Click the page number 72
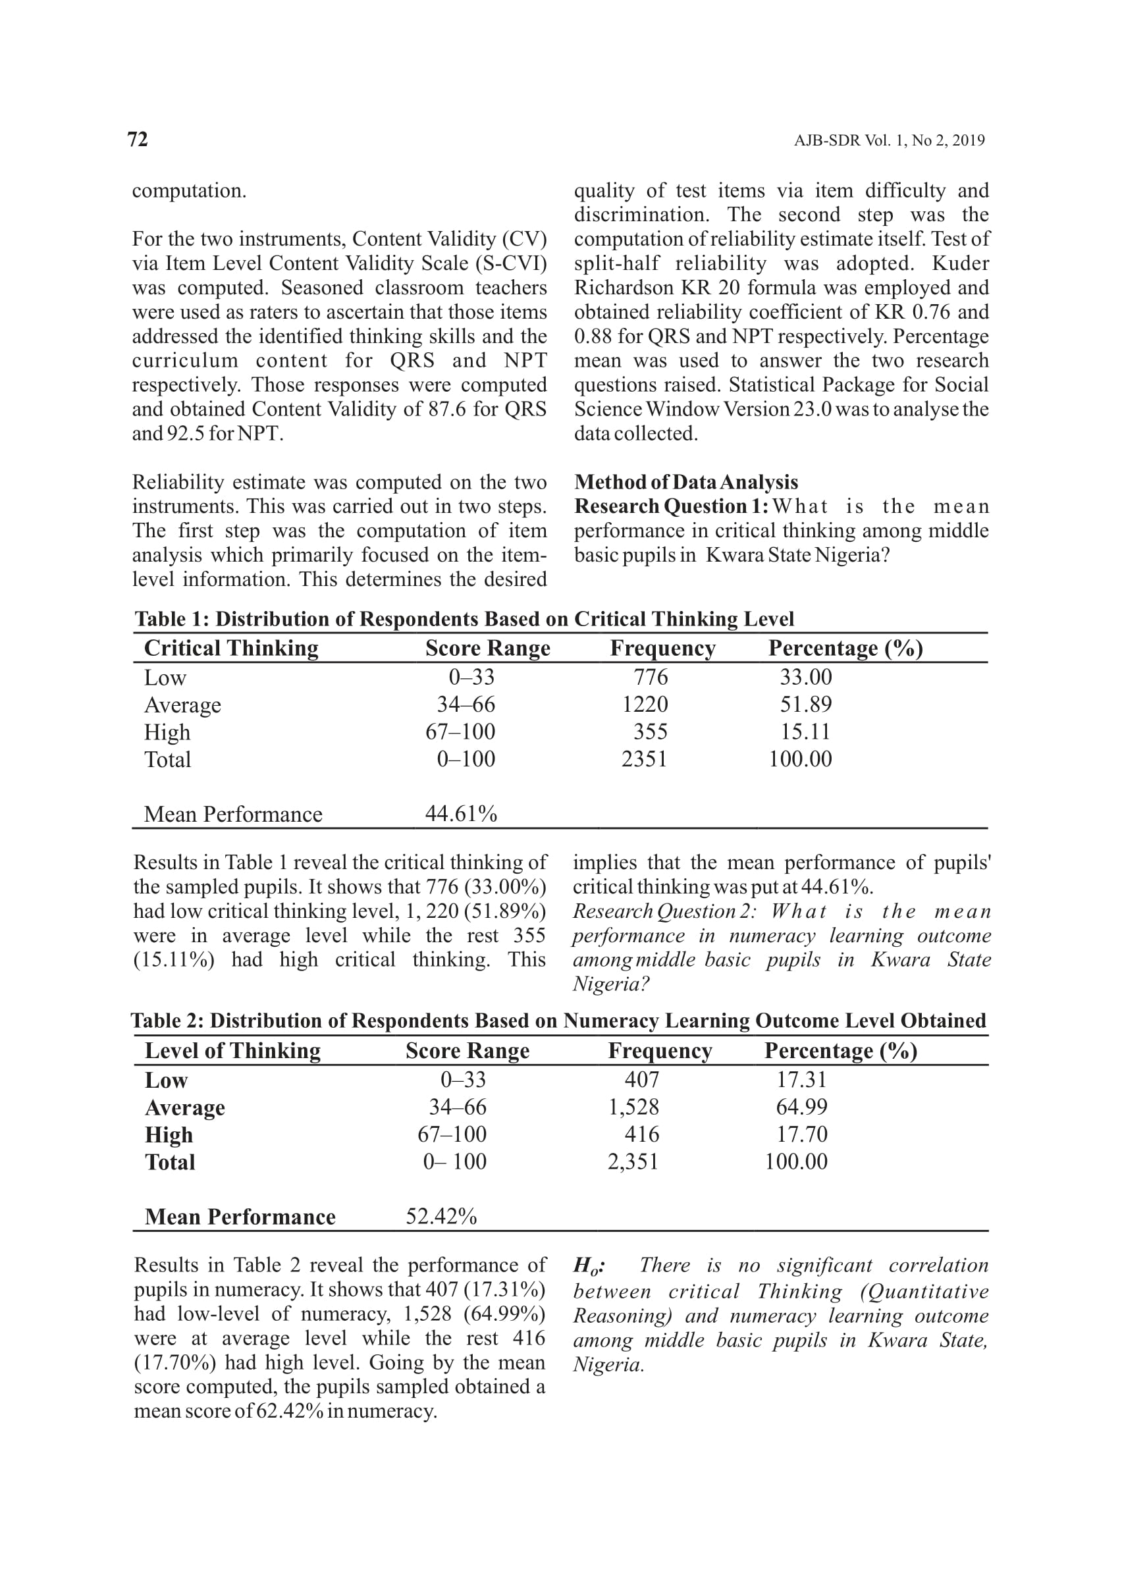138,140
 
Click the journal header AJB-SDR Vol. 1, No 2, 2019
889,141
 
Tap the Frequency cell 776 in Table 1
650,677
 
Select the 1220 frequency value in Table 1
645,705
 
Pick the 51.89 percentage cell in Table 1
805,705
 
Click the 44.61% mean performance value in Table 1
461,814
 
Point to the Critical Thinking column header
232,648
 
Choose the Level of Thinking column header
233,1051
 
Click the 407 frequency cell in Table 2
641,1079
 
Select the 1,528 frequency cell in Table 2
633,1107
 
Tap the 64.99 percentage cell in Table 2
801,1107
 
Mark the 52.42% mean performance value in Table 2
441,1216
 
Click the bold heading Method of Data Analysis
686,482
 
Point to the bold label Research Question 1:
671,506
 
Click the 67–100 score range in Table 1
460,732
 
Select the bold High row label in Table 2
169,1135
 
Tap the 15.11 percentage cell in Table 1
805,732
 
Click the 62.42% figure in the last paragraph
290,1410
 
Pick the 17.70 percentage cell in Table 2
801,1134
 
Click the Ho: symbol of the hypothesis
589,1266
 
